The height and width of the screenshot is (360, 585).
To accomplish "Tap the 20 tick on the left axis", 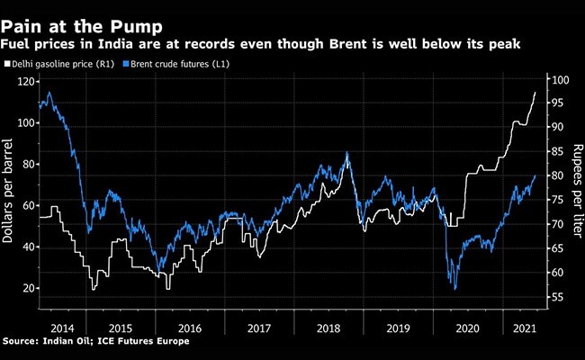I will [26, 288].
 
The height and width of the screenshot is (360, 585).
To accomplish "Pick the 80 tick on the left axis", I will [26, 165].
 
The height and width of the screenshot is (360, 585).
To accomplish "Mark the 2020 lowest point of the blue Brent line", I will [455, 289].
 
